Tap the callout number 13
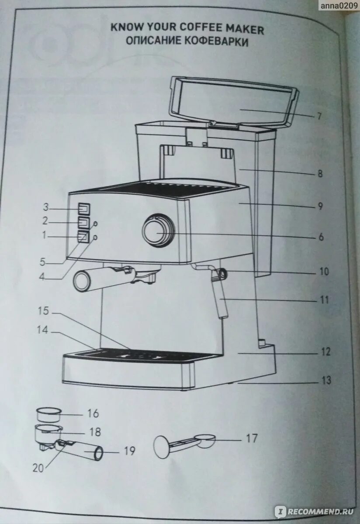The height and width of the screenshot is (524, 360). pyautogui.click(x=326, y=380)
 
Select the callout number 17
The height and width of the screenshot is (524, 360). pyautogui.click(x=252, y=438)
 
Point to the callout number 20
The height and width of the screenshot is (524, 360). pyautogui.click(x=39, y=467)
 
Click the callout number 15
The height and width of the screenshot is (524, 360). pyautogui.click(x=44, y=311)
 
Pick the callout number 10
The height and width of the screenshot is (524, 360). pyautogui.click(x=324, y=272)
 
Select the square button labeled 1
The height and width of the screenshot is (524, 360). pyautogui.click(x=83, y=237)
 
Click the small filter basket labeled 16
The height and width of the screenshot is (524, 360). pyautogui.click(x=47, y=414)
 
